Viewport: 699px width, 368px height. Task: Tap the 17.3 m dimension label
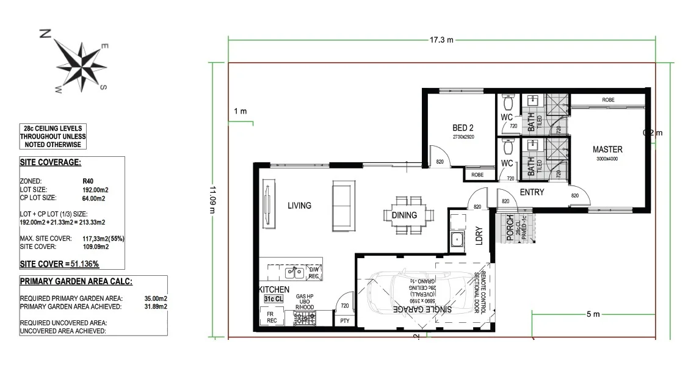pos(441,40)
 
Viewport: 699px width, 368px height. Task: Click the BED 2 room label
pos(463,128)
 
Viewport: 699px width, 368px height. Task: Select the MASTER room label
pos(607,149)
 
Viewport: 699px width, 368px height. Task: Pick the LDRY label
pos(479,236)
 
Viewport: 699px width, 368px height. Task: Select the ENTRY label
pos(532,192)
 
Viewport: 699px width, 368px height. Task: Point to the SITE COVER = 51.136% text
pos(59,264)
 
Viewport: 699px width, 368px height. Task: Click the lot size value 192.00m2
pos(95,190)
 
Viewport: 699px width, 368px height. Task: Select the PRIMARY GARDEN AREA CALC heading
pos(76,281)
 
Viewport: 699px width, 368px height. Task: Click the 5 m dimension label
pos(593,314)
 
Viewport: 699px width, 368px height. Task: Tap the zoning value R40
pos(88,181)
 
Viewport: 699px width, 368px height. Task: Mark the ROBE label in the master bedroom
pos(608,99)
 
